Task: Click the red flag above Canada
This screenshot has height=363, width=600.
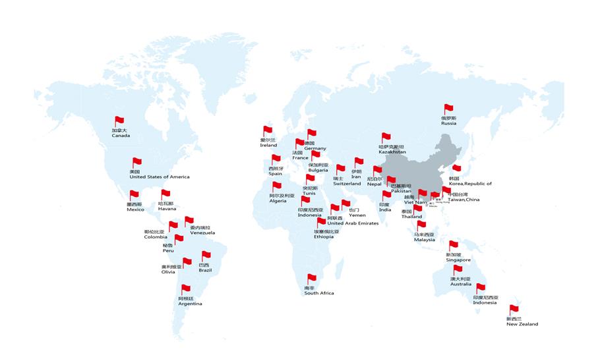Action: coord(119,121)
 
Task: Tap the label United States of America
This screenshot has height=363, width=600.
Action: coord(159,177)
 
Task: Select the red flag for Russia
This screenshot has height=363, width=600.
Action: coord(448,109)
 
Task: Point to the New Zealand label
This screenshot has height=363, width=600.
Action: coord(522,324)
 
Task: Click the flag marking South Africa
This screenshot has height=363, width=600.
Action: coord(312,279)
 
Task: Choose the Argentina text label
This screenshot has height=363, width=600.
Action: coord(190,304)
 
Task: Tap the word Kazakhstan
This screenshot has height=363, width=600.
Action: coord(392,152)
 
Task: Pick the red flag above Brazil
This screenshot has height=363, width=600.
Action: coord(206,255)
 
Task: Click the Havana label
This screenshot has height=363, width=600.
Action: coord(167,209)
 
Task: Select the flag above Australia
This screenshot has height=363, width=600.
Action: coord(458,269)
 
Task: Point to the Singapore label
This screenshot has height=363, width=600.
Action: coord(458,260)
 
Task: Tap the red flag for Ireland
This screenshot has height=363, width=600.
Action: coord(268,130)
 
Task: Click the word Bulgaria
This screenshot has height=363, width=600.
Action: coord(318,170)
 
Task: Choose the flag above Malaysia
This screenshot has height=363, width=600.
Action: coord(421,225)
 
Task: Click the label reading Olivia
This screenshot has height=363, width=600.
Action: coord(168,271)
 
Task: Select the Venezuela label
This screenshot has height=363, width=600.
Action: coord(202,233)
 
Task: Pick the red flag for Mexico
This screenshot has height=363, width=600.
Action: coord(134,194)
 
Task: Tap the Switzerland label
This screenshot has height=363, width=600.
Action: coord(347,184)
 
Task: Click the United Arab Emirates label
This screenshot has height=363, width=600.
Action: coord(353,223)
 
